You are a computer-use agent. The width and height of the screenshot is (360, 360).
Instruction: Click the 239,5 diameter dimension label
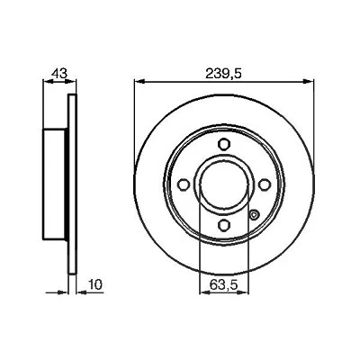[223, 73]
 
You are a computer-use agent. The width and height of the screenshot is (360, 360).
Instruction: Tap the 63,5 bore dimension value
[224, 284]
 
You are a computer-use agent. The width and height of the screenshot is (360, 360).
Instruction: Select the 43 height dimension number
[59, 73]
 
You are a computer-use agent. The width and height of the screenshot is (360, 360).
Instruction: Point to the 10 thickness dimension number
[95, 284]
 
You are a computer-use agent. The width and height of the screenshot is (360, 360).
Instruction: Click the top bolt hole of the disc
[224, 144]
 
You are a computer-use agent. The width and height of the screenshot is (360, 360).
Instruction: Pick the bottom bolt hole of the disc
[224, 225]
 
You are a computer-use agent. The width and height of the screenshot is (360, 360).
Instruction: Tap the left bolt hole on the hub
[184, 184]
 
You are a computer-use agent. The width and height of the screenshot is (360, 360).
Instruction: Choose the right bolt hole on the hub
[265, 184]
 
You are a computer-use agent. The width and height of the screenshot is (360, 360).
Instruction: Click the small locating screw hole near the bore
[254, 215]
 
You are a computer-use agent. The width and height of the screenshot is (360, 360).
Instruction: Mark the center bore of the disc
[224, 184]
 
